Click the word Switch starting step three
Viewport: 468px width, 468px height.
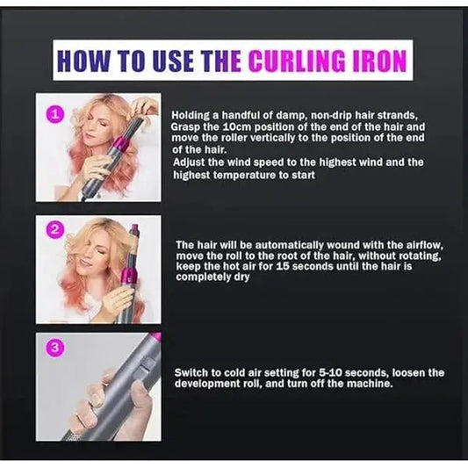coord(192,372)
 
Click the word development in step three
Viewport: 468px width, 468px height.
coord(209,384)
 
